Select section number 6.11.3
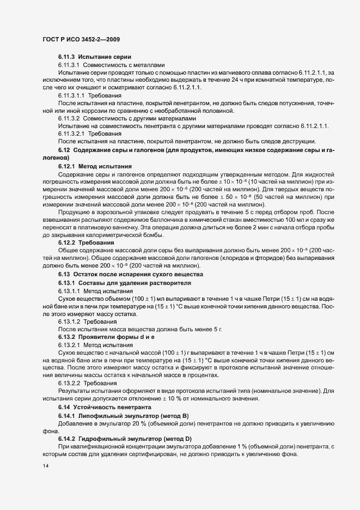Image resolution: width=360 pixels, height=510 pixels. pyautogui.click(x=66, y=57)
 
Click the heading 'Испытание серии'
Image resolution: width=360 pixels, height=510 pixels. pyautogui.click(x=105, y=57)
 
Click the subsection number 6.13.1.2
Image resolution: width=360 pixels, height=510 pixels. pyautogui.click(x=69, y=322)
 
